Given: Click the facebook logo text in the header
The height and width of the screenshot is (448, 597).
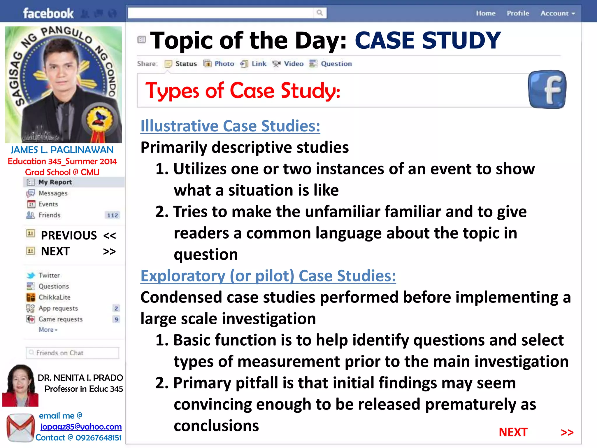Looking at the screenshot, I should [48, 13].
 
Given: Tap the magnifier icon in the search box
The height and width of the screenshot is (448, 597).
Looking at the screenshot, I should [320, 13].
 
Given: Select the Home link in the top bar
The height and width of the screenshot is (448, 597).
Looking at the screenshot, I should [486, 13].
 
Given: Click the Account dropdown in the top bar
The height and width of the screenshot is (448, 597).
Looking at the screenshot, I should [557, 13].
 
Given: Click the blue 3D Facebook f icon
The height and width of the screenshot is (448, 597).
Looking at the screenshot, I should [547, 90].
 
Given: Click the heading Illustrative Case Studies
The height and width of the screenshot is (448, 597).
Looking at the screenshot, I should [230, 126].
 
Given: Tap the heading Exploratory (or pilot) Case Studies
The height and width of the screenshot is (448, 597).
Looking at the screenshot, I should [268, 276].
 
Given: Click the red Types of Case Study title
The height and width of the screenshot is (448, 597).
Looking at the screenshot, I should [243, 91].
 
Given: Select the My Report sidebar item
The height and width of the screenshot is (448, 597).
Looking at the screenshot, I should [55, 182].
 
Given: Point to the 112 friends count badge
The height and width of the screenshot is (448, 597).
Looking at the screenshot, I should [113, 216].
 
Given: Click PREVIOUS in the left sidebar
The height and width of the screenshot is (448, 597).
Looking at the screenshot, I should [69, 235].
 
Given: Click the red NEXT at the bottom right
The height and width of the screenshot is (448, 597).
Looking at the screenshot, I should [513, 432].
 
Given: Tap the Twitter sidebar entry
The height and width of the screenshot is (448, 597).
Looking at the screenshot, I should [49, 275].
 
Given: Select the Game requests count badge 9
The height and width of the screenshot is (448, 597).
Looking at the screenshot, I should [116, 319].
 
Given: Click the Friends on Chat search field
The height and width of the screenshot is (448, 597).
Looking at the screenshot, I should [73, 353].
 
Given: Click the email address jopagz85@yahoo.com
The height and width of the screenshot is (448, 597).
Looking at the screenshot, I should [81, 427].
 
